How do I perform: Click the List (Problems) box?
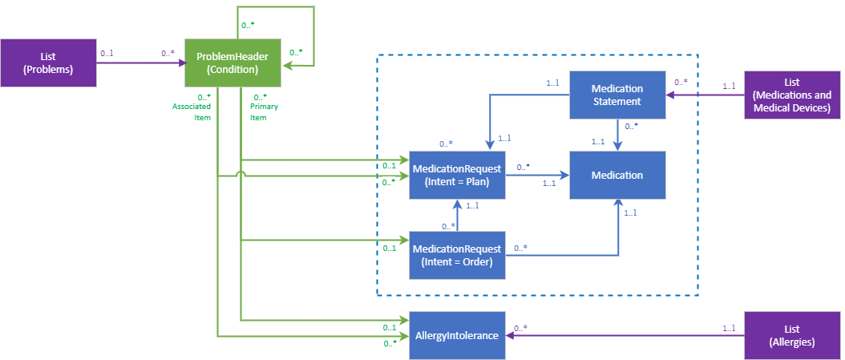pyautogui.click(x=48, y=63)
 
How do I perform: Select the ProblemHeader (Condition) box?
pyautogui.click(x=232, y=63)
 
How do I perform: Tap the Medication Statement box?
pyautogui.click(x=617, y=95)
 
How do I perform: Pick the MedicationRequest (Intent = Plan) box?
pyautogui.click(x=457, y=175)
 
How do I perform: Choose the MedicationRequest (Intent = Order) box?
pyautogui.click(x=457, y=255)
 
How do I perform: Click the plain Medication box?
pyautogui.click(x=617, y=175)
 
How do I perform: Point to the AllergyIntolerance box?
pyautogui.click(x=457, y=335)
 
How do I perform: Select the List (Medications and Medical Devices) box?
pyautogui.click(x=793, y=95)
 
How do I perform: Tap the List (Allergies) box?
pyautogui.click(x=793, y=335)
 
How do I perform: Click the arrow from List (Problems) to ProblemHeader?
pyautogui.click(x=140, y=63)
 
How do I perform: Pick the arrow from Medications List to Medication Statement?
pyautogui.click(x=706, y=95)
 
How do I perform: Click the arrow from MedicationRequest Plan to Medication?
pyautogui.click(x=537, y=174)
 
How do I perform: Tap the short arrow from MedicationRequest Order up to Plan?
pyautogui.click(x=457, y=215)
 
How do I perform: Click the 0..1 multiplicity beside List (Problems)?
pyautogui.click(x=107, y=54)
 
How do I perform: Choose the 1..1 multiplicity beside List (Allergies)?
pyautogui.click(x=729, y=327)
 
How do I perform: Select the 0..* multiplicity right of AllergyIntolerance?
pyautogui.click(x=520, y=327)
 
